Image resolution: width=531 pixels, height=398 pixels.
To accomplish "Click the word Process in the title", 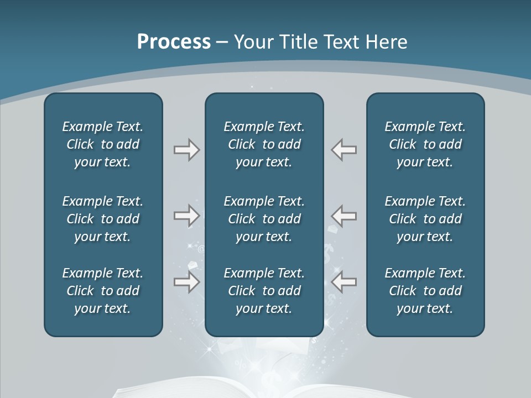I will tap(174, 42).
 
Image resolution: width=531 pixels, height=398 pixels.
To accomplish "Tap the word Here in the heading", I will tap(386, 42).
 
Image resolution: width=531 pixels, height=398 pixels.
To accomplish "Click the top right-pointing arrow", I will tap(186, 149).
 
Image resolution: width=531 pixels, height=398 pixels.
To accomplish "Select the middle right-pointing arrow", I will tap(186, 215).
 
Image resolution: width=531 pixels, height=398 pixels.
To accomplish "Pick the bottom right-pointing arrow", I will tap(186, 282).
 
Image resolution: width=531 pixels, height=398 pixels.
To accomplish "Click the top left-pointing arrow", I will tap(344, 149).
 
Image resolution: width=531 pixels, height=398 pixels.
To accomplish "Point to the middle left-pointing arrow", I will tap(344, 215).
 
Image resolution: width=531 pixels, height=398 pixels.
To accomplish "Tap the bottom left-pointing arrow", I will tap(344, 282).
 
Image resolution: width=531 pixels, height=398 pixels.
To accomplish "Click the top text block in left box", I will tap(103, 144).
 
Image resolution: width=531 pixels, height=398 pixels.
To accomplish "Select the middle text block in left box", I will tap(103, 219).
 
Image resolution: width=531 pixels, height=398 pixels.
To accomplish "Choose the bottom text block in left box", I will tap(103, 291).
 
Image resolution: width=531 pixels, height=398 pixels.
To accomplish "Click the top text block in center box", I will tap(264, 144).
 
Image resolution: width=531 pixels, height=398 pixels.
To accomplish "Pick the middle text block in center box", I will tap(264, 219).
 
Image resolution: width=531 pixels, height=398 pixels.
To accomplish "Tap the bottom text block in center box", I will tap(264, 291).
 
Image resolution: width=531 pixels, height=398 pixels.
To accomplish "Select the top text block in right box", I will tap(425, 144).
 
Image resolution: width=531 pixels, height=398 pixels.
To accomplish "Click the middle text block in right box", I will tap(425, 219).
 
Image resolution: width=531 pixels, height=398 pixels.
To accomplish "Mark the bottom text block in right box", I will tap(425, 291).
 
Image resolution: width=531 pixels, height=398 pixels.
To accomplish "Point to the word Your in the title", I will tap(252, 42).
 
